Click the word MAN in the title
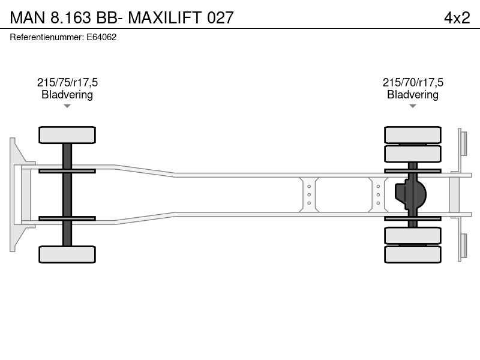pyautogui.click(x=28, y=17)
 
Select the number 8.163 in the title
pyautogui.click(x=71, y=17)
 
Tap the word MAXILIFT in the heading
pyautogui.click(x=164, y=17)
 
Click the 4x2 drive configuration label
pyautogui.click(x=457, y=17)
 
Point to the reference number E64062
pyautogui.click(x=101, y=37)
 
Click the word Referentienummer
pyautogui.click(x=47, y=37)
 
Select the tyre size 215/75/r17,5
pyautogui.click(x=67, y=82)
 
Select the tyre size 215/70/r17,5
pyautogui.click(x=413, y=82)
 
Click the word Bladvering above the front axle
pyautogui.click(x=67, y=95)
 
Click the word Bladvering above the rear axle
pyautogui.click(x=413, y=95)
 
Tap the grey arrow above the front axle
pyautogui.click(x=67, y=106)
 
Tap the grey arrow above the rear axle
pyautogui.click(x=413, y=106)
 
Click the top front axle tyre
pyautogui.click(x=67, y=135)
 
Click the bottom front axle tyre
pyautogui.click(x=67, y=254)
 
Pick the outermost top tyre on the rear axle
pyautogui.click(x=413, y=134)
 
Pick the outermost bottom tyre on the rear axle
pyautogui.click(x=413, y=254)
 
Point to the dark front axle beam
pyautogui.click(x=67, y=194)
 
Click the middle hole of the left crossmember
pyautogui.click(x=309, y=194)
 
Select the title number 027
pyautogui.click(x=220, y=17)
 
